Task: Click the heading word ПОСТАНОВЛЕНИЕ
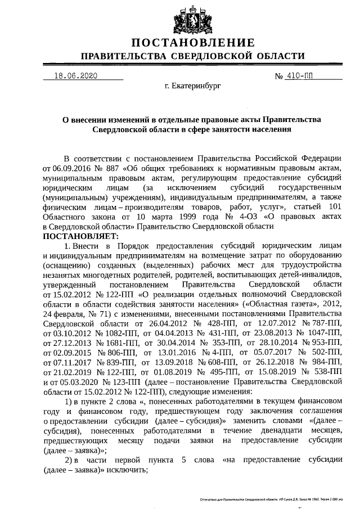(x=193, y=43)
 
